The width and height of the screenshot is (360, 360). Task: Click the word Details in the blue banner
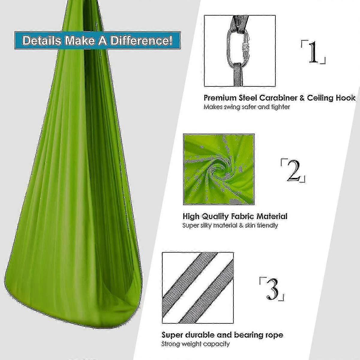pyautogui.click(x=42, y=40)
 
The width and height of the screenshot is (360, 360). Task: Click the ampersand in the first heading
pyautogui.click(x=302, y=98)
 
